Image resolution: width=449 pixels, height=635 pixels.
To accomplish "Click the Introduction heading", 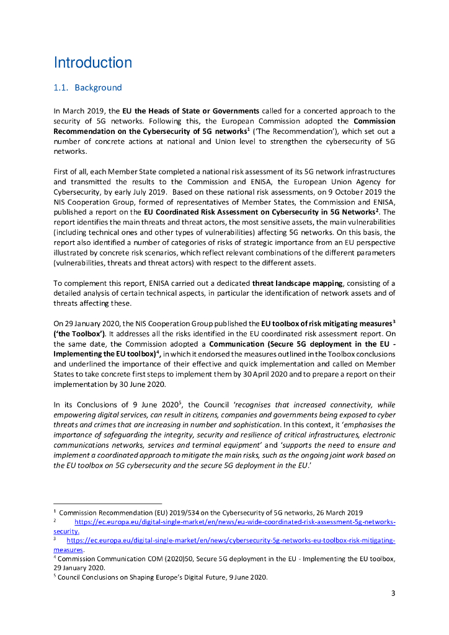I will tap(92, 63).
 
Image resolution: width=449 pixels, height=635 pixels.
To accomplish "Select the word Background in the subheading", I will tap(98, 87).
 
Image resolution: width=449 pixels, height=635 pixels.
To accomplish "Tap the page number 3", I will tap(393, 593).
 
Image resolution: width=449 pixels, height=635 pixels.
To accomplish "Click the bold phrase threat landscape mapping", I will tap(294, 282).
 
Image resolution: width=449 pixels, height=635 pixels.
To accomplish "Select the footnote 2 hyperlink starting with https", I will tap(235, 522).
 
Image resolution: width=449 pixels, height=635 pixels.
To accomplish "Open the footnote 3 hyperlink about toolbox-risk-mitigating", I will tap(231, 540).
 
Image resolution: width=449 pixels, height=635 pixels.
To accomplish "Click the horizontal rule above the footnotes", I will tap(107, 504).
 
